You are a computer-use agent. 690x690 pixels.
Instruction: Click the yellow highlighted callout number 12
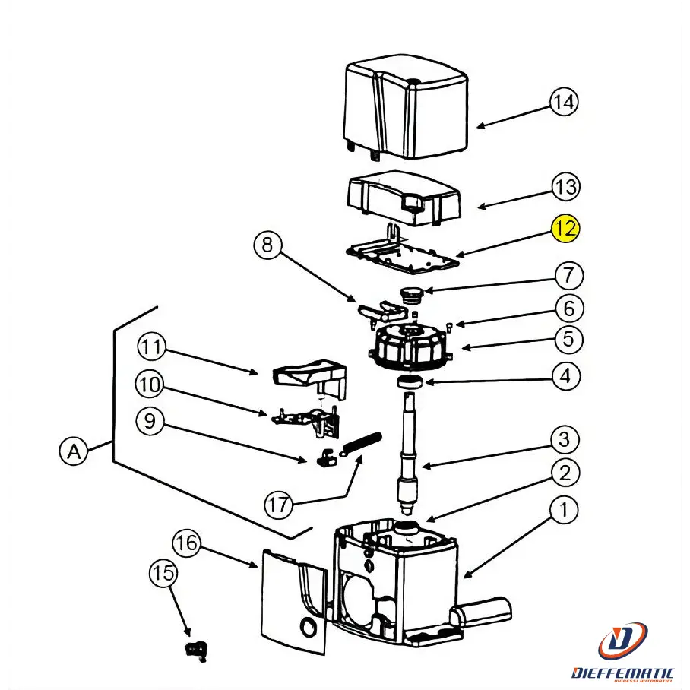[565, 228]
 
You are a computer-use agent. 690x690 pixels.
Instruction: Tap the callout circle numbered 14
[564, 102]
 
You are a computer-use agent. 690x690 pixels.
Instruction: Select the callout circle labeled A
[74, 451]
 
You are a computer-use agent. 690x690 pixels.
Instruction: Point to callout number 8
[266, 245]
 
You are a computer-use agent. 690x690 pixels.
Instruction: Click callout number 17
[278, 503]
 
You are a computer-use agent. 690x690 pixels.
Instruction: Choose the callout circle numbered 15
[163, 572]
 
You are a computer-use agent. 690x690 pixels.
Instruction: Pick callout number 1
[564, 510]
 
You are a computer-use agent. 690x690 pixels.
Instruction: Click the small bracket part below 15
[197, 649]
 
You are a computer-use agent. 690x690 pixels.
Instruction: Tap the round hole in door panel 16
[309, 626]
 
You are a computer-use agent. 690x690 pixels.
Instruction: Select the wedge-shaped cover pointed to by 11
[307, 375]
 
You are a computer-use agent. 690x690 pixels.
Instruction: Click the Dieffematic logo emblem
[622, 641]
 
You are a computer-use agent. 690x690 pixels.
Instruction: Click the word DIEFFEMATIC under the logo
[622, 672]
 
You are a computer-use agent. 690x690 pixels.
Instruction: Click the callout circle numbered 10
[150, 385]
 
